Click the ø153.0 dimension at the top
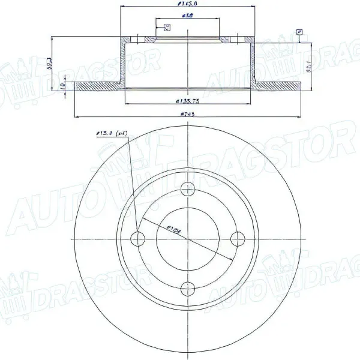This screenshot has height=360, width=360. tap(188, 4)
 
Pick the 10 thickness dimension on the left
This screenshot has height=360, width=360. tap(64, 86)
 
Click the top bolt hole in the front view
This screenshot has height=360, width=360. tap(188, 191)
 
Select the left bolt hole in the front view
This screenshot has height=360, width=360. tap(141, 238)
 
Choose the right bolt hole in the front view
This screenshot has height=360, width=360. tap(236, 238)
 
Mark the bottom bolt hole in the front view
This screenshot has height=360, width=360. tap(188, 286)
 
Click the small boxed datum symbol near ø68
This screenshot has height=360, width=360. tap(166, 26)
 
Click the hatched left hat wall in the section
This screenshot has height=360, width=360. tap(123, 60)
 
